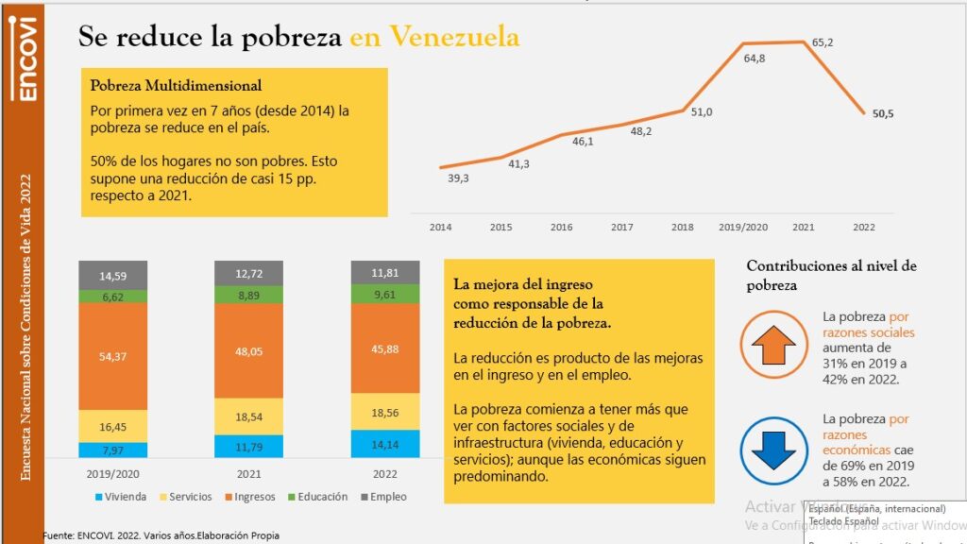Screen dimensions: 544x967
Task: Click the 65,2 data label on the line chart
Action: [823, 42]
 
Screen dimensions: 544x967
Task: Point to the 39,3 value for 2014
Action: [458, 178]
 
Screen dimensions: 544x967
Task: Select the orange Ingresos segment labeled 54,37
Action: [112, 356]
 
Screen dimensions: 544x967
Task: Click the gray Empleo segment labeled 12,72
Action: [248, 273]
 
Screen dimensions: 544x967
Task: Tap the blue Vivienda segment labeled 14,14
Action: [385, 443]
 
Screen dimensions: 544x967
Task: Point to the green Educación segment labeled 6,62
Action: [112, 297]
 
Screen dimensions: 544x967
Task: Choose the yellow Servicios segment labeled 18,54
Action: [248, 416]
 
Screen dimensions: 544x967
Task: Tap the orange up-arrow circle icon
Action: [774, 345]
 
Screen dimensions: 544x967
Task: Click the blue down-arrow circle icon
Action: [774, 448]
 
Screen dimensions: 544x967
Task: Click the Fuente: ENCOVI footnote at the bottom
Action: [161, 535]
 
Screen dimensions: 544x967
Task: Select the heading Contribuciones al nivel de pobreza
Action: [831, 275]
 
